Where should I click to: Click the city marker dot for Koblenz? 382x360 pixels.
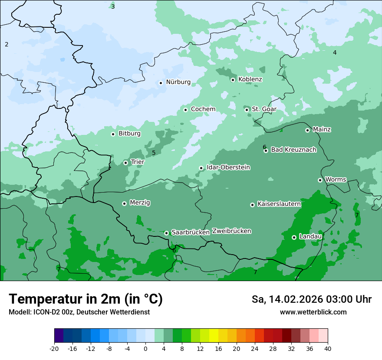[233, 80]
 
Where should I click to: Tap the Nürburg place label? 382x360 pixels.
[178, 82]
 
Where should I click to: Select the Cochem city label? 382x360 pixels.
[203, 109]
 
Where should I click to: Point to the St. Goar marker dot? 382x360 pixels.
[247, 110]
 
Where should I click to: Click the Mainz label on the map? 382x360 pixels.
[322, 130]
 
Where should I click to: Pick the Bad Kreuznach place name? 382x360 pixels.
[293, 150]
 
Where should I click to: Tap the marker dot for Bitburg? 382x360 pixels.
[113, 134]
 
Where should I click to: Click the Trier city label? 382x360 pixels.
[138, 162]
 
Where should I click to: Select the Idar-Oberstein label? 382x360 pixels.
[228, 167]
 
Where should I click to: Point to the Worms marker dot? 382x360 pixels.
[320, 180]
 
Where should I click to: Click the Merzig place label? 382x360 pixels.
[140, 203]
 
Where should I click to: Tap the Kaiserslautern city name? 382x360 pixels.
[279, 204]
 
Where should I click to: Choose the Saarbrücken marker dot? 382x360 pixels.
[166, 233]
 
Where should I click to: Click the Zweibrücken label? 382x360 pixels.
[231, 231]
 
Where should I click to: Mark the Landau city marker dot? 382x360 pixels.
[294, 237]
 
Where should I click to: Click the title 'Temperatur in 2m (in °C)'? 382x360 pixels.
[86, 299]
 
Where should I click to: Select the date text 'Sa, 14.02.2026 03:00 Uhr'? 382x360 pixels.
[311, 300]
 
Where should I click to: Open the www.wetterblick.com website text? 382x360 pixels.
[313, 312]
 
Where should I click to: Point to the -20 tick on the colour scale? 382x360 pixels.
[54, 349]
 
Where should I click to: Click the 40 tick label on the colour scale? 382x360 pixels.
[328, 349]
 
